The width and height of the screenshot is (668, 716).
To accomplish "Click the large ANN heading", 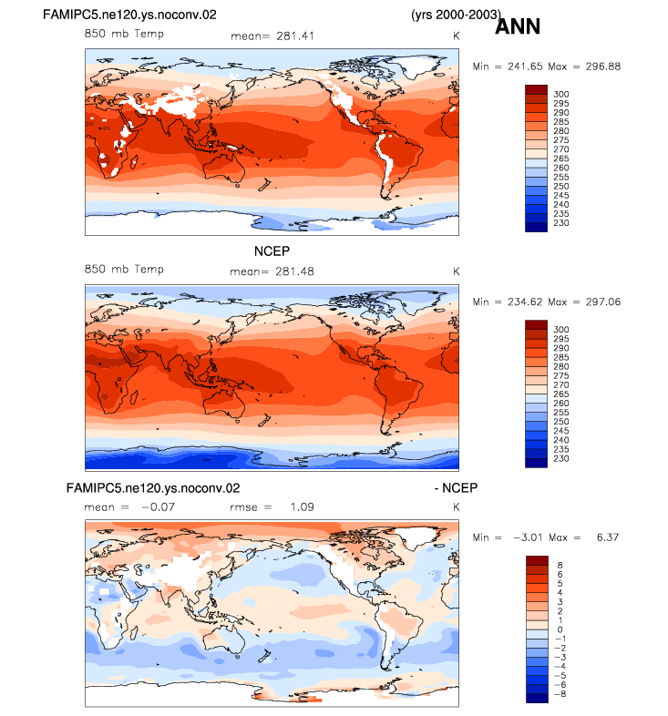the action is [x=518, y=26].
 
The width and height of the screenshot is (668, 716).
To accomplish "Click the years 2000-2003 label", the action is [x=456, y=15].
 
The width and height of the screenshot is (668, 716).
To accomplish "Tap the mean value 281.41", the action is [x=295, y=36].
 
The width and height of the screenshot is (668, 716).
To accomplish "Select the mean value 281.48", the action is [x=294, y=271].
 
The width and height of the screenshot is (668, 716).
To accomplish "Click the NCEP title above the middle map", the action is [x=272, y=251].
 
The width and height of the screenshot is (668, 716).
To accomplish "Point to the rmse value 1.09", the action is [x=302, y=507].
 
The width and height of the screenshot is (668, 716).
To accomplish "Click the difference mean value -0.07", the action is [x=158, y=507].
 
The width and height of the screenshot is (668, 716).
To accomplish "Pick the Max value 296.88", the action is [x=603, y=66].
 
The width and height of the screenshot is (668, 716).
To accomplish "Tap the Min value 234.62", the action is [x=525, y=302].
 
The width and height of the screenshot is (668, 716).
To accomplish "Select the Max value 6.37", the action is [x=608, y=537].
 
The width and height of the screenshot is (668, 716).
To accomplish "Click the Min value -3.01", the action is [x=529, y=537].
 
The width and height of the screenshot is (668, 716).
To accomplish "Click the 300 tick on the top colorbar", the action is [x=561, y=95].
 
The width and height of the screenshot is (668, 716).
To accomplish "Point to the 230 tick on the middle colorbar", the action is [x=561, y=459].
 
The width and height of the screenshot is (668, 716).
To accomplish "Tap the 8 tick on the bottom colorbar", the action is [x=560, y=566].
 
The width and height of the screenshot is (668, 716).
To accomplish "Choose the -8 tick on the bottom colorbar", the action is [x=560, y=694].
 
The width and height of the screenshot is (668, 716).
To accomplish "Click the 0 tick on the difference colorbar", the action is [x=560, y=629].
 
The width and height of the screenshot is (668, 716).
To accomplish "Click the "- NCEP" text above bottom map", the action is [x=456, y=488].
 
